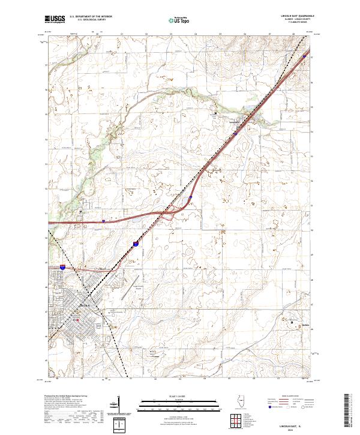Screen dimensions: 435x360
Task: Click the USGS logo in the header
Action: tap(55, 20)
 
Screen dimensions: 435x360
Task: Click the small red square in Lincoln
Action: tap(75, 319)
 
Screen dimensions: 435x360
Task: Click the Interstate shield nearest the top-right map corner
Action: tap(304, 56)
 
